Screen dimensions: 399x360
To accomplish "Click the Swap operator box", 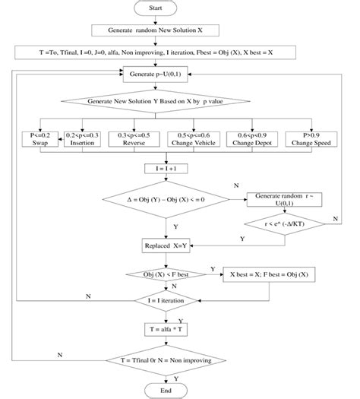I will [x=38, y=138].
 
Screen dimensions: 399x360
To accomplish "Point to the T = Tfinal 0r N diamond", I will [x=165, y=359].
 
